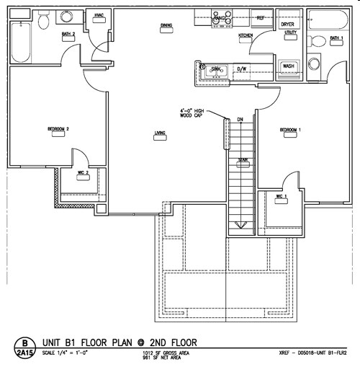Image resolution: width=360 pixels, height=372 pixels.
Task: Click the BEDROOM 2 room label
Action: tap(58, 129)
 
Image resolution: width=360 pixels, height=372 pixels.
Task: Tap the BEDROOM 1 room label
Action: tap(289, 130)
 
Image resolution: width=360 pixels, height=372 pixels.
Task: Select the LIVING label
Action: tap(161, 132)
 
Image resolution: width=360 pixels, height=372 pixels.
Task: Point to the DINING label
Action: tap(166, 26)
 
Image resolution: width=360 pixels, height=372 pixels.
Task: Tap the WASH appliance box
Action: tap(289, 66)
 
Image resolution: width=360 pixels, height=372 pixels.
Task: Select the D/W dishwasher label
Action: tap(243, 70)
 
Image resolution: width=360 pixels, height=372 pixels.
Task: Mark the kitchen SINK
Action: tap(216, 70)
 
